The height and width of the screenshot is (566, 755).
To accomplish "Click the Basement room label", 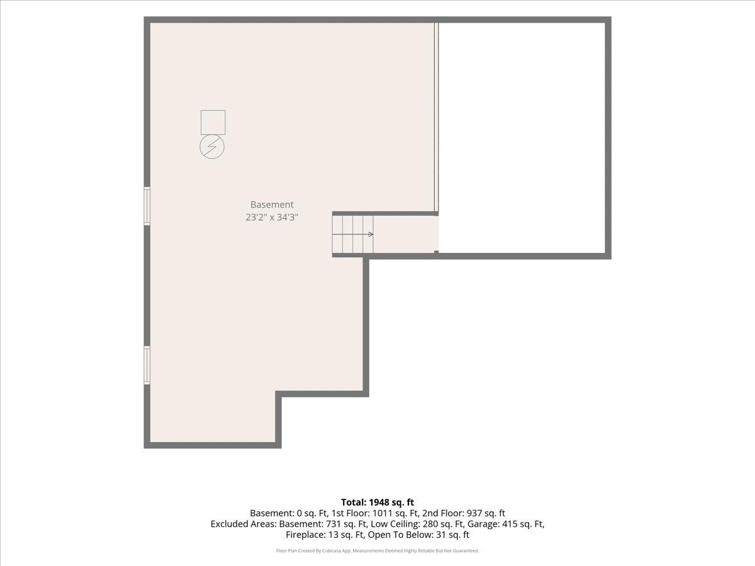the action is click(272, 204).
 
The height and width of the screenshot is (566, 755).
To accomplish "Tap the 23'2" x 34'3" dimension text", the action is click(272, 217).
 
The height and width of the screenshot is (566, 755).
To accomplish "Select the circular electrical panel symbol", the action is click(212, 147).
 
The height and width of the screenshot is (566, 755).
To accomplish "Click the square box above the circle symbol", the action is click(213, 123).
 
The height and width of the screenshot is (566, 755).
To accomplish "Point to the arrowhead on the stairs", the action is click(371, 235).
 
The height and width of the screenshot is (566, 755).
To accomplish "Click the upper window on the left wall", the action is click(147, 206).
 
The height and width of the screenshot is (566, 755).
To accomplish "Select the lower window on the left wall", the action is click(147, 365).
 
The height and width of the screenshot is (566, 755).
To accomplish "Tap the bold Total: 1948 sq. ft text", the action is click(377, 502).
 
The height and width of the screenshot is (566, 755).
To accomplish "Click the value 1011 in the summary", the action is click(380, 513).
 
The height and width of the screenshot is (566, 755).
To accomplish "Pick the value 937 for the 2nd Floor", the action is click(474, 513).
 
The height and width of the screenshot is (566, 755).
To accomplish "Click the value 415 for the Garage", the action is click(510, 524).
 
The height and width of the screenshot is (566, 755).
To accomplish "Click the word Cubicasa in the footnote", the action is click(332, 550).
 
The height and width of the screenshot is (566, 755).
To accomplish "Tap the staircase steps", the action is click(353, 235).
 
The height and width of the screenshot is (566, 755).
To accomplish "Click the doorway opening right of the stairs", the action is click(437, 235).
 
